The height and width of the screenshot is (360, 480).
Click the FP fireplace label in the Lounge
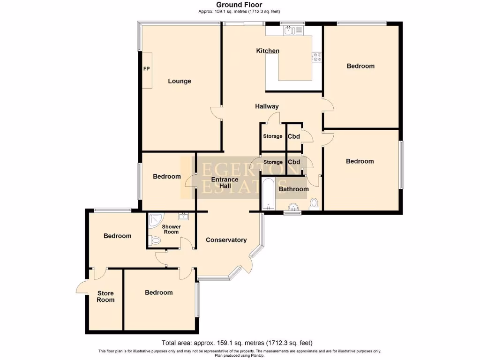tap(146, 69)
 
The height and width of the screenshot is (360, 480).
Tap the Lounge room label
tap(180, 81)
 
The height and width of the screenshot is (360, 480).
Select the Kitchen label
tap(268, 51)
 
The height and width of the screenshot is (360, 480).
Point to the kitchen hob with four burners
tap(317, 57)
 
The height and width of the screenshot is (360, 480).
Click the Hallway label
tap(267, 106)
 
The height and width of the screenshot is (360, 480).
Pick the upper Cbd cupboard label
tap(294, 136)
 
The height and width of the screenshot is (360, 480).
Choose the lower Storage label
tap(273, 162)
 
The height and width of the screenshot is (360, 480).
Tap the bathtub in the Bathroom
tap(268, 194)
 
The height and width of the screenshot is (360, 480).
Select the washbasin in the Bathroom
tap(293, 207)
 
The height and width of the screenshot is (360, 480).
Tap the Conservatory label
tap(226, 240)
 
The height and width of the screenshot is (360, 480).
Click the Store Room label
tap(105, 297)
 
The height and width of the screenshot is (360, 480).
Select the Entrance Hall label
tap(225, 182)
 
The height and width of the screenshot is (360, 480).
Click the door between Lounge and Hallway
tap(216, 112)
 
